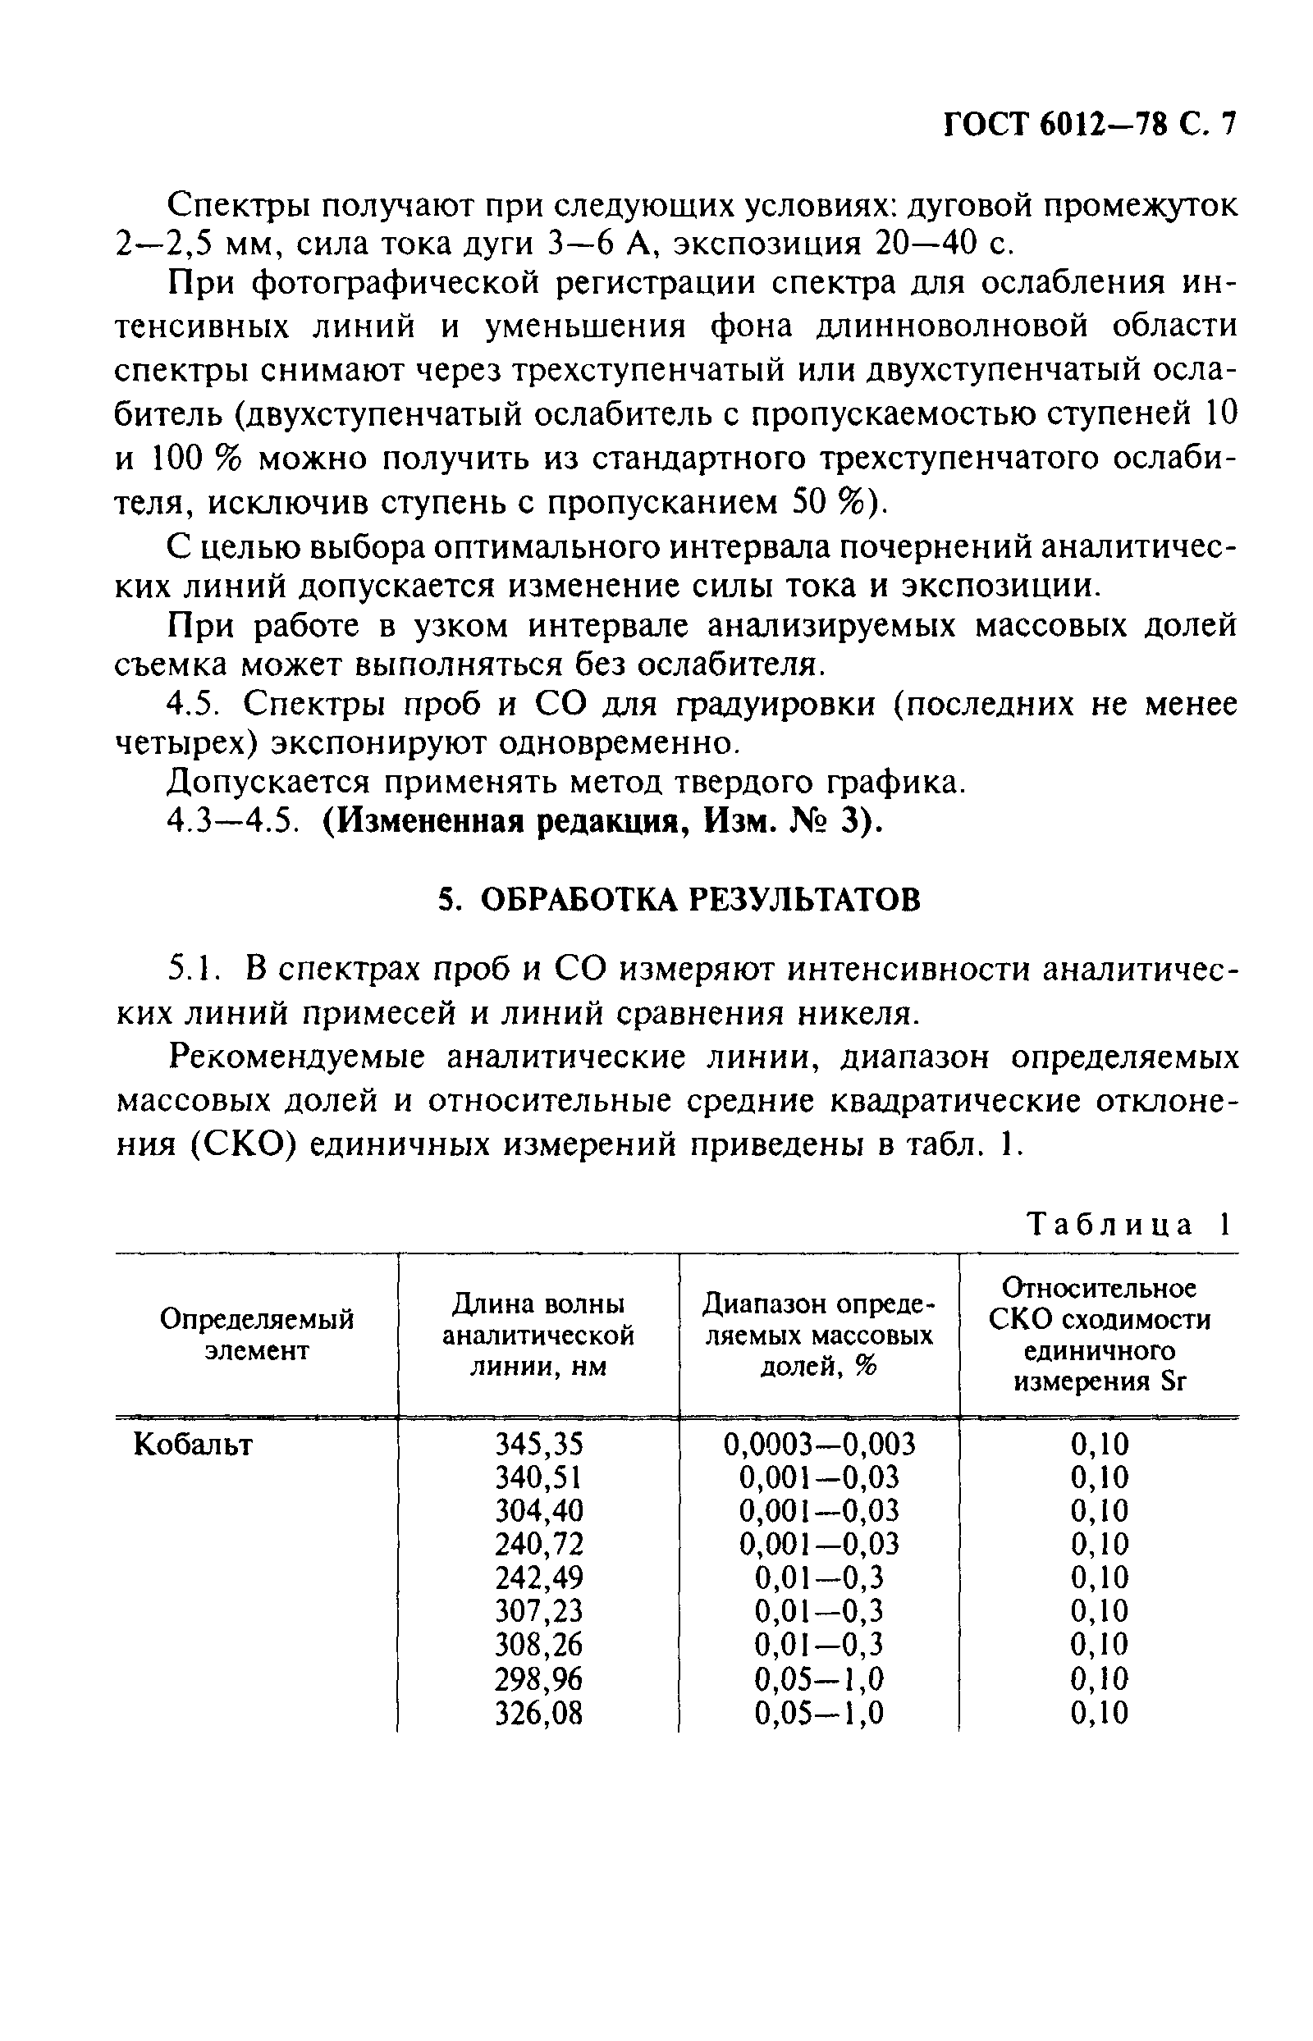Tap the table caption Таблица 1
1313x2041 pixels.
click(x=1131, y=1225)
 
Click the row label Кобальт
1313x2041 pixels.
click(x=194, y=1444)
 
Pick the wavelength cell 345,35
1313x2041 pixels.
click(x=539, y=1444)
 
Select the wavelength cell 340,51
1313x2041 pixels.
click(x=539, y=1477)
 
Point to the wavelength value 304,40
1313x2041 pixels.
click(x=539, y=1511)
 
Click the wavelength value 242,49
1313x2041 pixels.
click(x=539, y=1578)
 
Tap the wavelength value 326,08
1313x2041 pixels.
click(x=539, y=1712)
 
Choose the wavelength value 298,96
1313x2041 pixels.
click(x=539, y=1678)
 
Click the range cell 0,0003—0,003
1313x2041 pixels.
click(x=818, y=1444)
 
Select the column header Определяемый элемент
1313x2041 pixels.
click(x=257, y=1336)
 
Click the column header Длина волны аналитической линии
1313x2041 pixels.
click(x=538, y=1336)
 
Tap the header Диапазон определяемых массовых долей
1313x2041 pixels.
click(x=818, y=1336)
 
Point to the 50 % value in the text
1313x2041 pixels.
click(x=826, y=503)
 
